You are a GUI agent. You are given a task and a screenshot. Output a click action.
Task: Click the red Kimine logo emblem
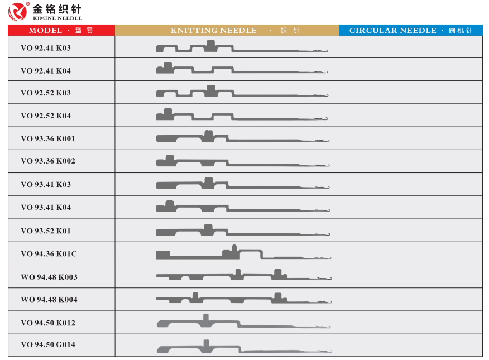(17, 11)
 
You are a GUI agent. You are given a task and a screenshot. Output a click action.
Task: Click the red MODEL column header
(61, 30)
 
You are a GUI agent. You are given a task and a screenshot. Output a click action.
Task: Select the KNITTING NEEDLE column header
(227, 30)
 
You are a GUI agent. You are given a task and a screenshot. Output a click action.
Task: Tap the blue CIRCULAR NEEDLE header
(410, 30)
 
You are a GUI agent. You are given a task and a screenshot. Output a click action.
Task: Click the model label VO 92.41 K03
(46, 48)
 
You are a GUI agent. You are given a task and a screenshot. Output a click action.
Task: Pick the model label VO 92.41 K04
(46, 71)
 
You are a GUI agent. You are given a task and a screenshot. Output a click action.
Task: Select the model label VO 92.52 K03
(46, 93)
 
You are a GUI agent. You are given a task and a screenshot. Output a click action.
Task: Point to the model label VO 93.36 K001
(48, 138)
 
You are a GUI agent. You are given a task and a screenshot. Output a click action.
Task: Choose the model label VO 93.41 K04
(46, 207)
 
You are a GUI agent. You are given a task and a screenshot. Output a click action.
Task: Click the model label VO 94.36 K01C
(49, 253)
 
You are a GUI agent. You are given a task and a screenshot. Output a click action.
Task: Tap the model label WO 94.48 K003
(49, 277)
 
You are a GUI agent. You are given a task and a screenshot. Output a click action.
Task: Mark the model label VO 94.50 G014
(48, 344)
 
